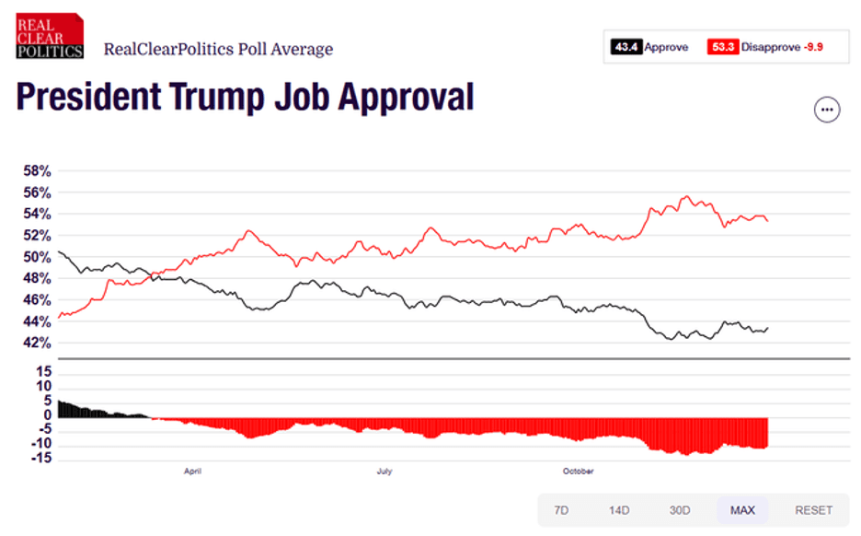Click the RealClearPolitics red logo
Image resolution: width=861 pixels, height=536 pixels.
[x=50, y=37]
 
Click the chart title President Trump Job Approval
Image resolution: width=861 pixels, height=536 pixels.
[x=245, y=98]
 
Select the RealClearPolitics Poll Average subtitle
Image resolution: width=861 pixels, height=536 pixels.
[x=218, y=49]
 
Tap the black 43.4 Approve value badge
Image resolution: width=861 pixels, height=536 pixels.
[x=626, y=46]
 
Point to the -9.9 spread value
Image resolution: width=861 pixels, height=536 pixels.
[x=812, y=46]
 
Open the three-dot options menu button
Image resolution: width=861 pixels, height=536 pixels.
[x=827, y=110]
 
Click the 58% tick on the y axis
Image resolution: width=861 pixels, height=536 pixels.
[x=38, y=171]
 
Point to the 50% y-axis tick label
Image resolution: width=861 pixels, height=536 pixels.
[x=38, y=257]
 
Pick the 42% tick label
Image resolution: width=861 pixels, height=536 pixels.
[x=38, y=343]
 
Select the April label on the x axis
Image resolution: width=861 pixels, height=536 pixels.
[x=192, y=472]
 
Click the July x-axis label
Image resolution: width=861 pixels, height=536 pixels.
[x=385, y=472]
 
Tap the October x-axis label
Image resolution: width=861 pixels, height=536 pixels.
[x=579, y=472]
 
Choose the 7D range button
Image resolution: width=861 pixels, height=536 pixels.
[x=560, y=510]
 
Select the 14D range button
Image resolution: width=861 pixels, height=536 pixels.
[x=619, y=510]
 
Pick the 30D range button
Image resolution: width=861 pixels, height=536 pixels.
[x=680, y=510]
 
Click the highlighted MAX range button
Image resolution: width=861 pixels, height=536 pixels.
[x=742, y=510]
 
